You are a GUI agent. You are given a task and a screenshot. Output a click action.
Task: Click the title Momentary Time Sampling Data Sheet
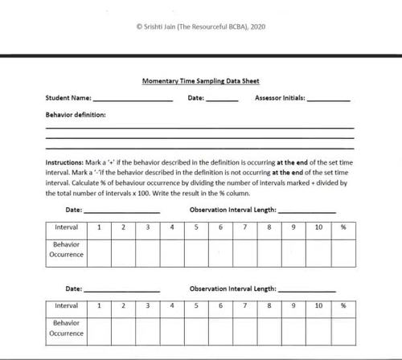click(x=200, y=81)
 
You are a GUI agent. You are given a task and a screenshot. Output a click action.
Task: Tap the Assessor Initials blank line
click(x=328, y=100)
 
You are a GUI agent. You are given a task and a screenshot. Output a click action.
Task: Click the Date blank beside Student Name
click(x=222, y=100)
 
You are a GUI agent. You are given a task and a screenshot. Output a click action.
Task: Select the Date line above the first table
click(x=121, y=211)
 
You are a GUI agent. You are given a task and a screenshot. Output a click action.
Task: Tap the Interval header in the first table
click(x=66, y=227)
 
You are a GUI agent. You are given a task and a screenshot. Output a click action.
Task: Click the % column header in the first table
click(x=343, y=227)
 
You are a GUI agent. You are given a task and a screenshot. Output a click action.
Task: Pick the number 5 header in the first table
click(x=196, y=227)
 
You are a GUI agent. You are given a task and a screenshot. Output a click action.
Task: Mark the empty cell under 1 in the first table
click(x=99, y=250)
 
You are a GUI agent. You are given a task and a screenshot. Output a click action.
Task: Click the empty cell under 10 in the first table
click(x=318, y=250)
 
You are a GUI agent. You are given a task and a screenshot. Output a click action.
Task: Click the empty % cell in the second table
click(x=343, y=328)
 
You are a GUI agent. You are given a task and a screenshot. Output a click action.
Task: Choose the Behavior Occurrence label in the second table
click(x=66, y=328)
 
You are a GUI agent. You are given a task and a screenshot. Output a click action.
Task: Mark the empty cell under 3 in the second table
click(x=148, y=328)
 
